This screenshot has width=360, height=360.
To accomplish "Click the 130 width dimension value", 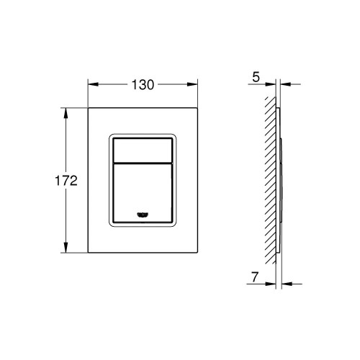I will [144, 84].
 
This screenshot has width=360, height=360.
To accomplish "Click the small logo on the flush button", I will [143, 213].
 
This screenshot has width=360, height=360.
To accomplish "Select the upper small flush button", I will [144, 148].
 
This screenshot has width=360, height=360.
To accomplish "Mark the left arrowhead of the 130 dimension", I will [92, 84].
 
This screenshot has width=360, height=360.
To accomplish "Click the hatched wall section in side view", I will [271, 180].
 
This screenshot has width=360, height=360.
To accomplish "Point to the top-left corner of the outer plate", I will [89, 109].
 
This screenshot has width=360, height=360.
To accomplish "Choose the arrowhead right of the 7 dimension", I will [283, 283].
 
